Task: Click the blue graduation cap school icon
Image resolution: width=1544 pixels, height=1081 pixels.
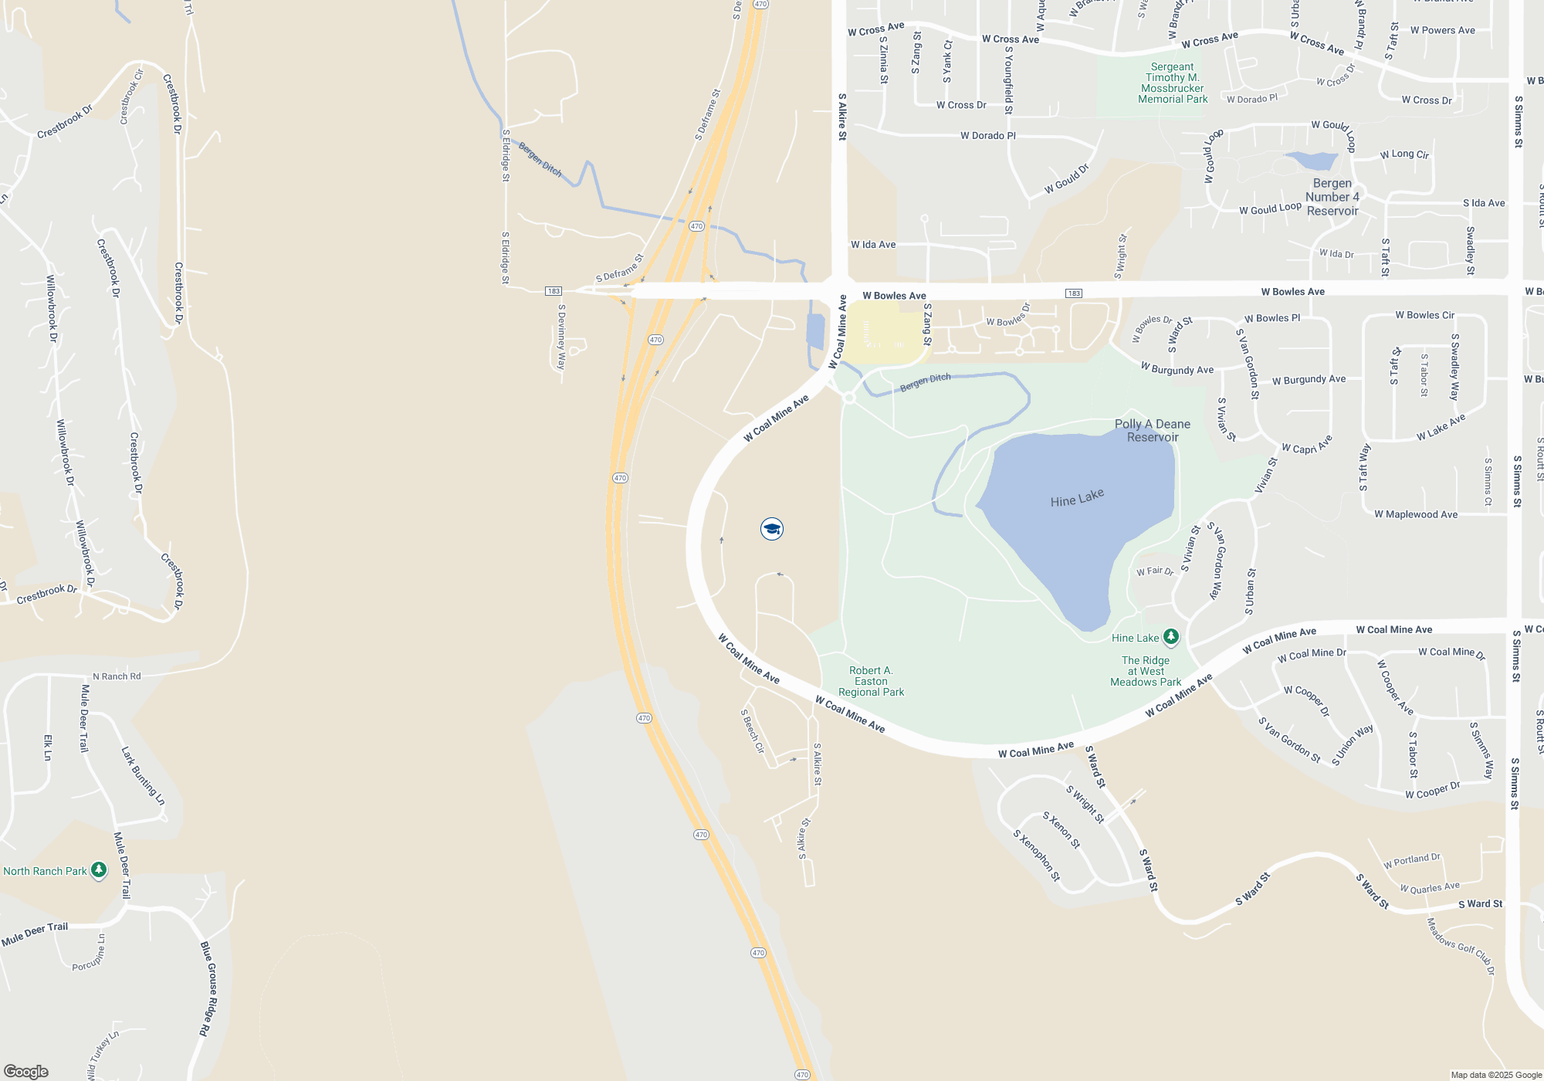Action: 771,529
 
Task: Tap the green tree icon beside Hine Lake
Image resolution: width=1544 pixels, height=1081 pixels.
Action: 1171,637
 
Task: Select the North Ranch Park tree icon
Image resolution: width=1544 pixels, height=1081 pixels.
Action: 99,870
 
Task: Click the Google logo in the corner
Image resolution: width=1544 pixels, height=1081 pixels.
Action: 25,1071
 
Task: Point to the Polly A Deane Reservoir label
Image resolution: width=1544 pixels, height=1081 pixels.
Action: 1153,431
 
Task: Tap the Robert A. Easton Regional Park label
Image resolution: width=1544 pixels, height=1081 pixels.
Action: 871,681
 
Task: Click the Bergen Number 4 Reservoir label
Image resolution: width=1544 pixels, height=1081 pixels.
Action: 1332,197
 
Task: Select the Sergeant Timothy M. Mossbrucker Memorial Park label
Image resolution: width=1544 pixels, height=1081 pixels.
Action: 1173,83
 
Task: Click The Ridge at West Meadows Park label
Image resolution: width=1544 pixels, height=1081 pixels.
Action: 1146,671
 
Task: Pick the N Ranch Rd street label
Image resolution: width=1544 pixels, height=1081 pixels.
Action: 117,676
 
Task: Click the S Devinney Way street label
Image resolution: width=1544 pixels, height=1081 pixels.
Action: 562,337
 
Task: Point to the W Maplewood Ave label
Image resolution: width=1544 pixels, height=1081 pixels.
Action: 1416,514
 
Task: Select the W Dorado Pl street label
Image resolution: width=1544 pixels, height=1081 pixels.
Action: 988,136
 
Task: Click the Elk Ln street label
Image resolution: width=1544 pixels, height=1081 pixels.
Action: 48,747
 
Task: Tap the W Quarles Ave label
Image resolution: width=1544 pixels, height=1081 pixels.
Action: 1430,888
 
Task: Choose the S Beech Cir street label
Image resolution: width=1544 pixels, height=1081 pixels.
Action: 753,731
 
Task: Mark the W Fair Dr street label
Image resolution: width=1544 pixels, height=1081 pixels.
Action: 1155,571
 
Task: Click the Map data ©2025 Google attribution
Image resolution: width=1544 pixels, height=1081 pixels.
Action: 1495,1075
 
